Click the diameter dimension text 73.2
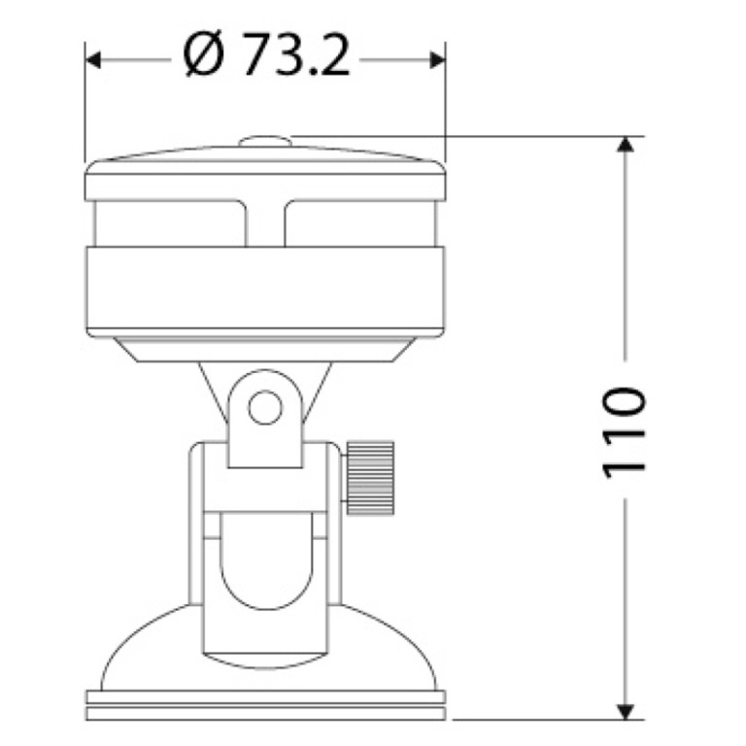coord(297,56)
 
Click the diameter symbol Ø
coord(203,56)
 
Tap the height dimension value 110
coord(625,432)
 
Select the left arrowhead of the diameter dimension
coord(93,60)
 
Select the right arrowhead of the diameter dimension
coord(438,60)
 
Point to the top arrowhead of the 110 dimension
coord(626,144)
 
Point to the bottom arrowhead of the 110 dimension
coord(626,711)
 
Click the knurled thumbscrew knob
coord(370,478)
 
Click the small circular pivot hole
coord(265,407)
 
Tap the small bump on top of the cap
coord(265,141)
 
